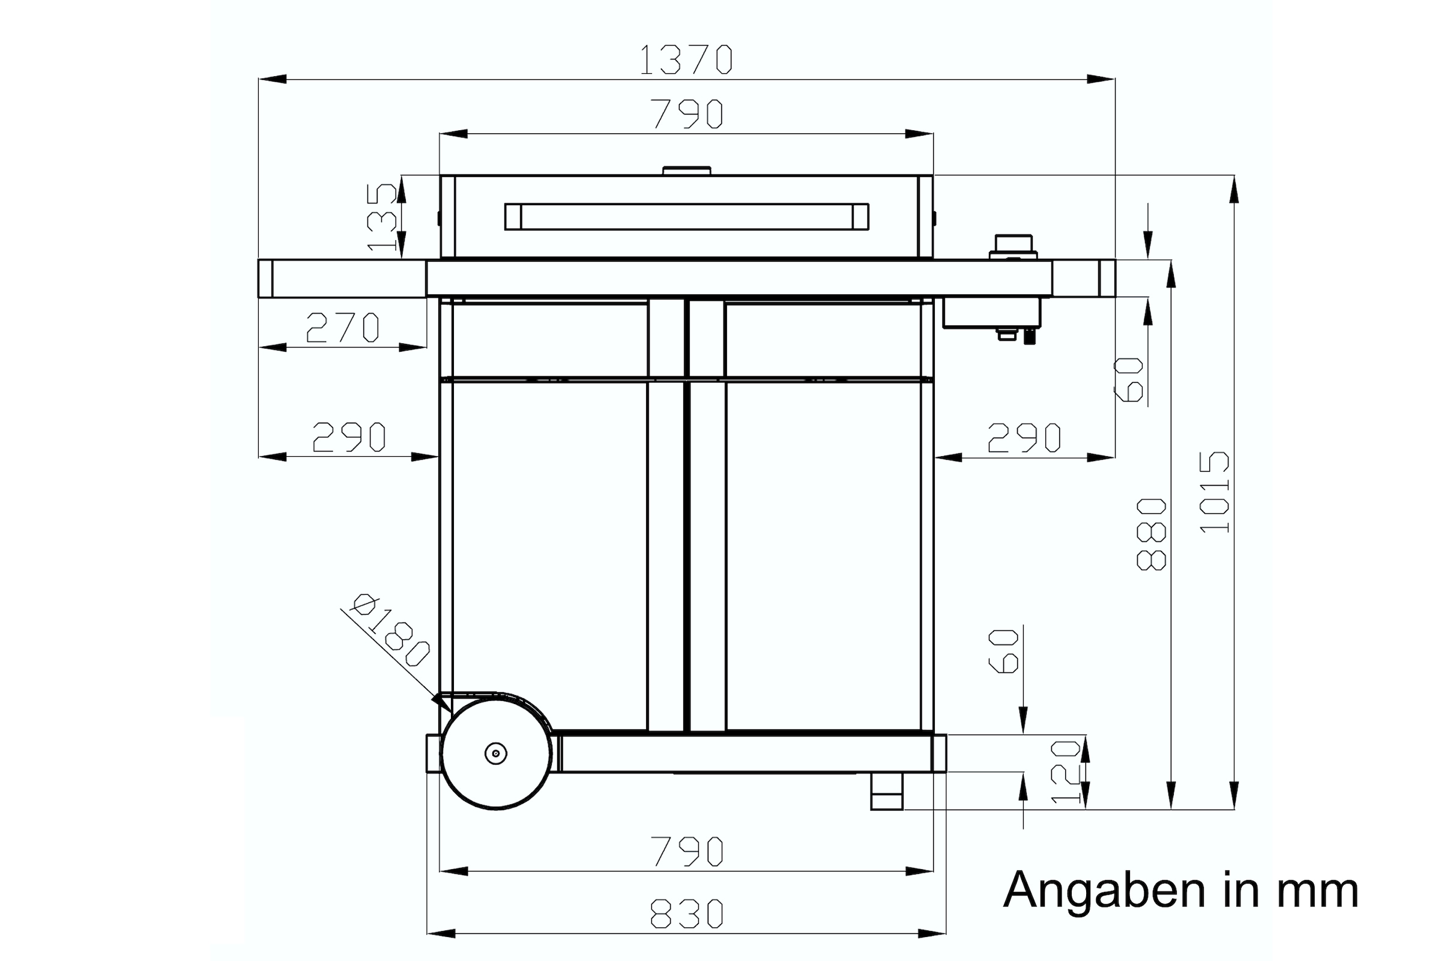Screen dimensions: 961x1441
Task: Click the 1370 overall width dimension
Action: (686, 60)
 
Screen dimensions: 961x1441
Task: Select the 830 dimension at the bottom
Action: (686, 914)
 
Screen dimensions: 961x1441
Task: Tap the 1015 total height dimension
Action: (1215, 492)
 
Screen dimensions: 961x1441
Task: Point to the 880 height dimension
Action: (1151, 534)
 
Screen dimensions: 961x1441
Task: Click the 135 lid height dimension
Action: (382, 217)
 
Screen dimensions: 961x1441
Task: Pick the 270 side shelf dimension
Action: (343, 328)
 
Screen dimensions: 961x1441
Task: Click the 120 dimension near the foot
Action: (1065, 771)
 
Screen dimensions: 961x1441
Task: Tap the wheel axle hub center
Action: (496, 753)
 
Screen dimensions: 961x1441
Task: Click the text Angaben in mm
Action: (1180, 890)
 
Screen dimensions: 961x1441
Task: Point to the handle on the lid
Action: (686, 217)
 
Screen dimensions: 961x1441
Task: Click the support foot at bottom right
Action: (886, 791)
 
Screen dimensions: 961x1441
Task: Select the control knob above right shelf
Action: (1013, 246)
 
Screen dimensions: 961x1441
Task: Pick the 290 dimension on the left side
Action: (349, 438)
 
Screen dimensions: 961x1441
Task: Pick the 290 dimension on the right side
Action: (1024, 438)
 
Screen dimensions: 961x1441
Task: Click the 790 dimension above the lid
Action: (686, 114)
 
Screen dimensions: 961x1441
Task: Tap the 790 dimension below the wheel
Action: (686, 851)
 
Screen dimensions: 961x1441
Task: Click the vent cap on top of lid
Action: (686, 170)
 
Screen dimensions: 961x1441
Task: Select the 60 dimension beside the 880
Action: (1128, 380)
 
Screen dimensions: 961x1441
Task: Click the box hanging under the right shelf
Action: (992, 313)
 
